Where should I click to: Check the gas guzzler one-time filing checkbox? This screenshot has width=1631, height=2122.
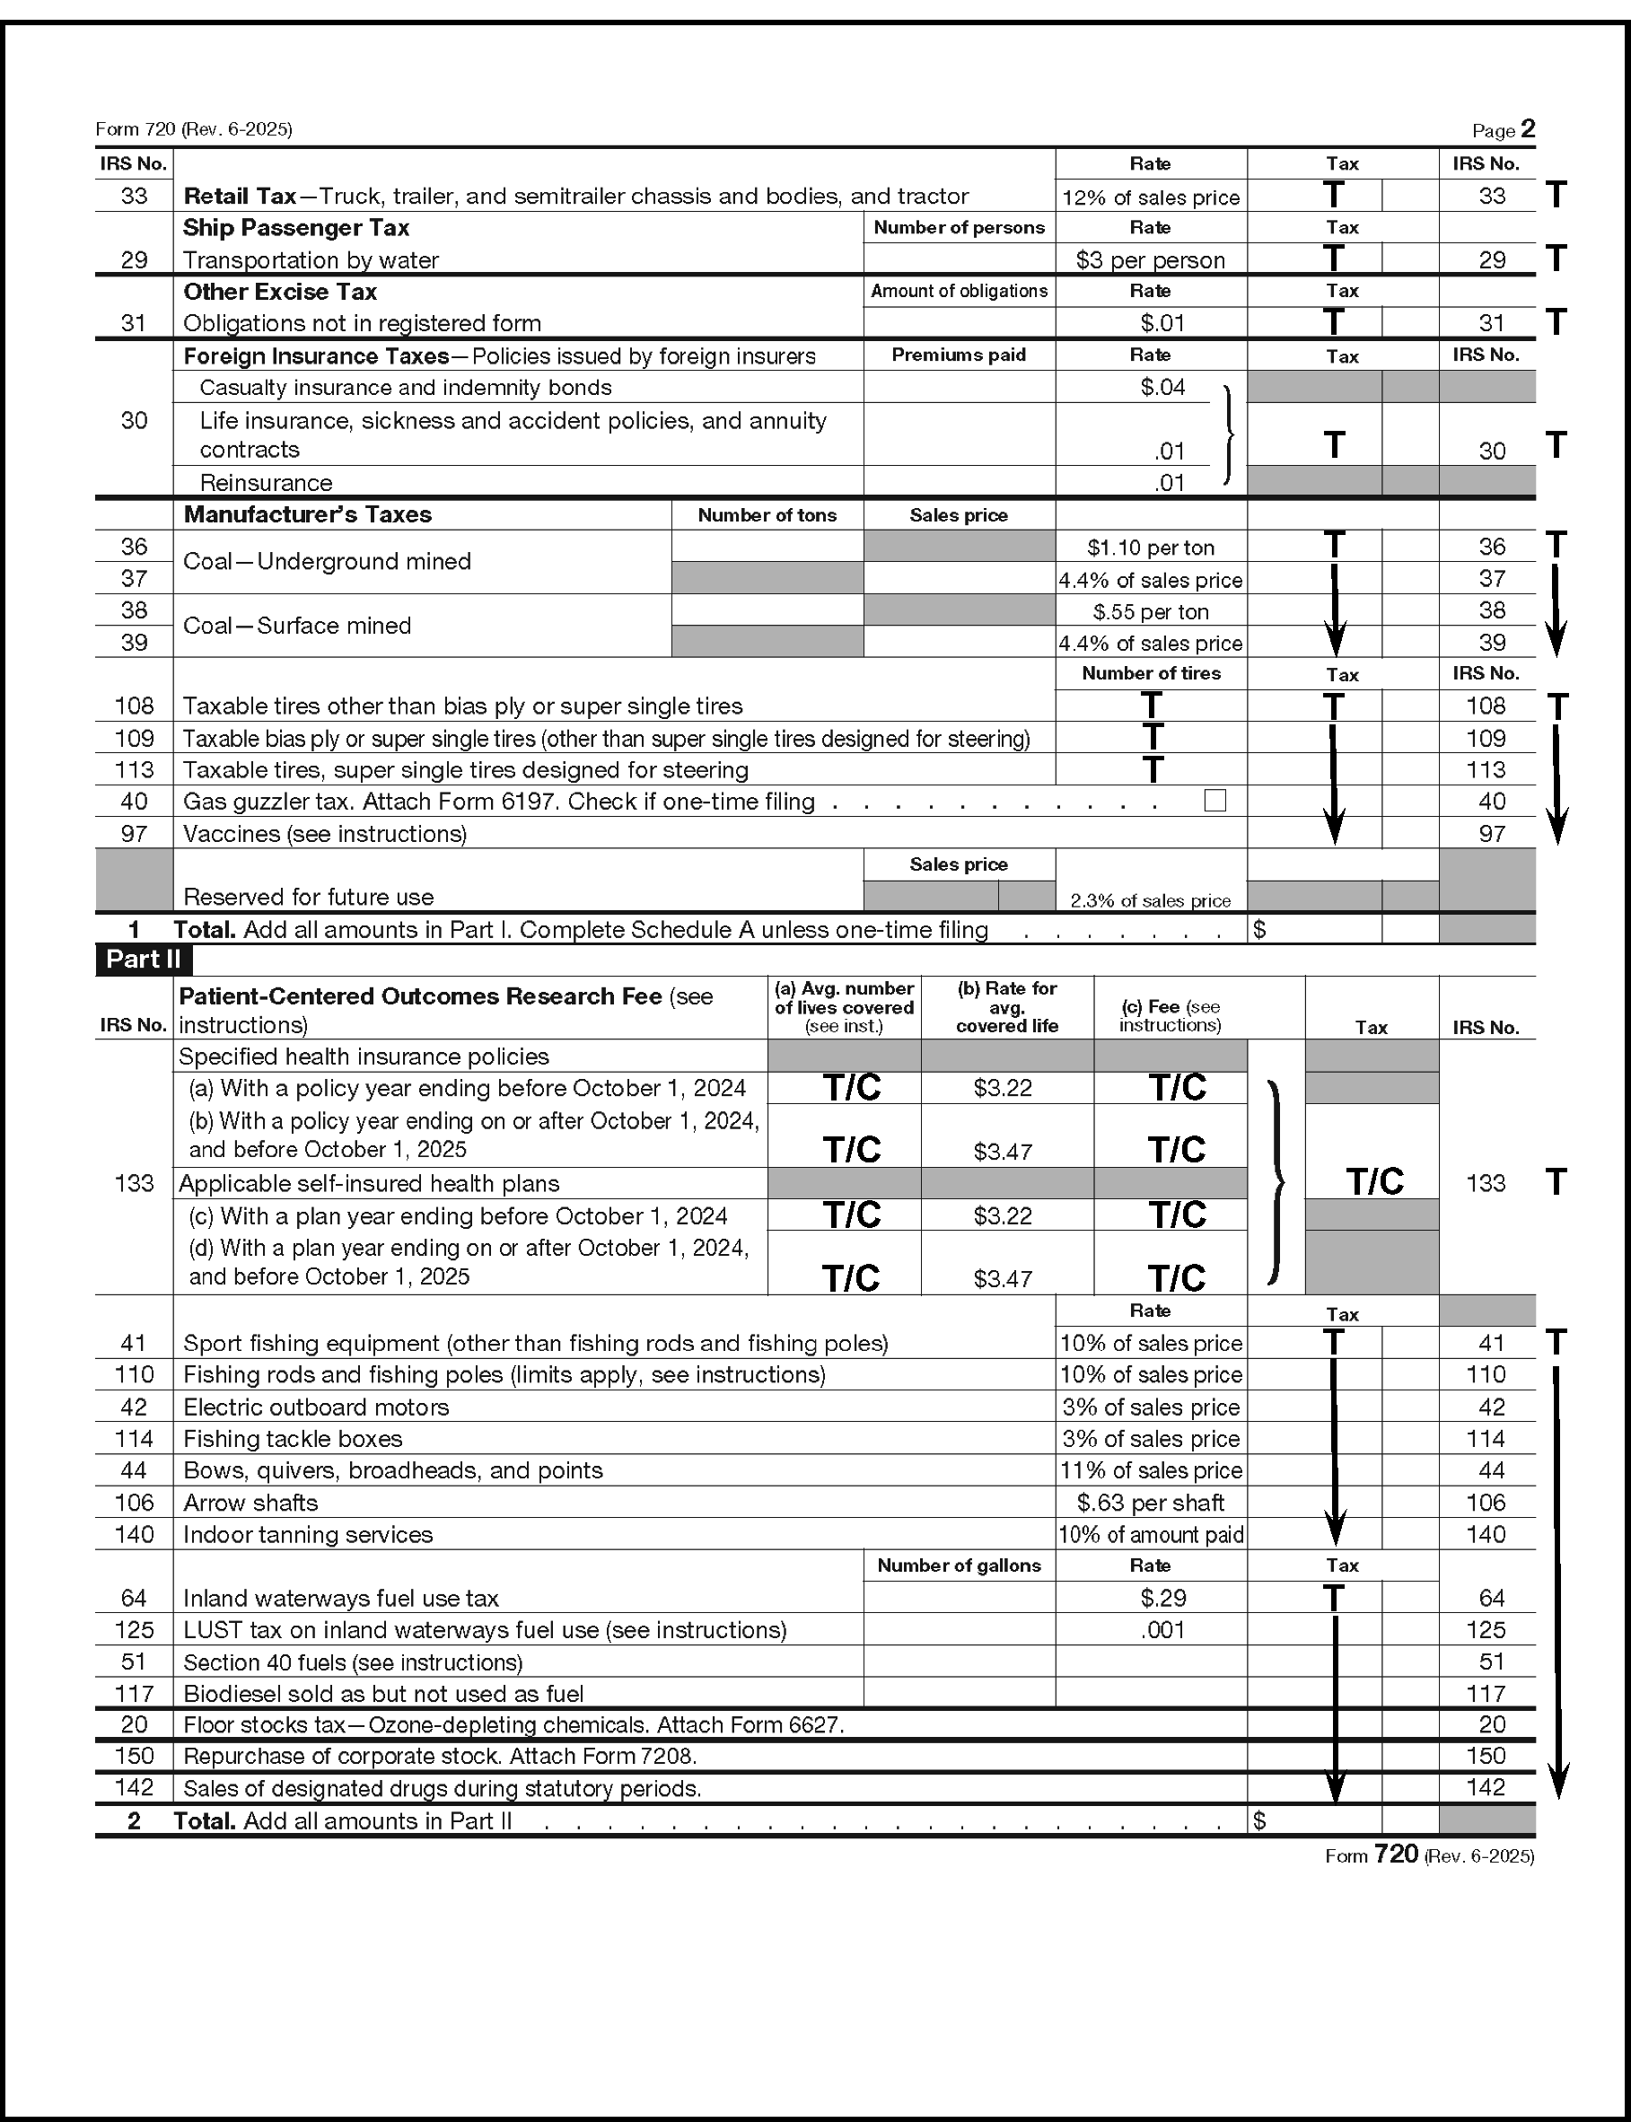coord(1214,801)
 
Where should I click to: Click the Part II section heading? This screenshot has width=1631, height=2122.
coord(144,959)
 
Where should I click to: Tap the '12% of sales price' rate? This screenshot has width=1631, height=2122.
coord(1151,197)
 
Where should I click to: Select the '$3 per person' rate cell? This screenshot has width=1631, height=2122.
coord(1151,260)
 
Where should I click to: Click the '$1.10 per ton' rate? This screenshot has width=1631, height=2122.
coord(1151,548)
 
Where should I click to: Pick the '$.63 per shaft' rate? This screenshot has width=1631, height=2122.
coord(1151,1503)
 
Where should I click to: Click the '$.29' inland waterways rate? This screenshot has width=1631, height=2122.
coord(1163,1598)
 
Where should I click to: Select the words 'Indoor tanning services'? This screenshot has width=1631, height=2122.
coord(308,1535)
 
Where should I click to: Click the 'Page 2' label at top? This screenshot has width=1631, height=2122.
coord(1503,130)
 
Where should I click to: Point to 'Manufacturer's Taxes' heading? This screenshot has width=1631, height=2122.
coord(307,514)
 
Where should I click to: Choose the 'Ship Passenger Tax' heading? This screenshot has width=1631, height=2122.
coord(296,228)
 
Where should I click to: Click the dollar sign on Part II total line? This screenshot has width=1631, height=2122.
coord(1260,1821)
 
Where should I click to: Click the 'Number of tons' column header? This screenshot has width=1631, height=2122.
coord(767,515)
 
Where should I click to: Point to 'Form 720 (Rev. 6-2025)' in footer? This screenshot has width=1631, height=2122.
coord(1429,1856)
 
